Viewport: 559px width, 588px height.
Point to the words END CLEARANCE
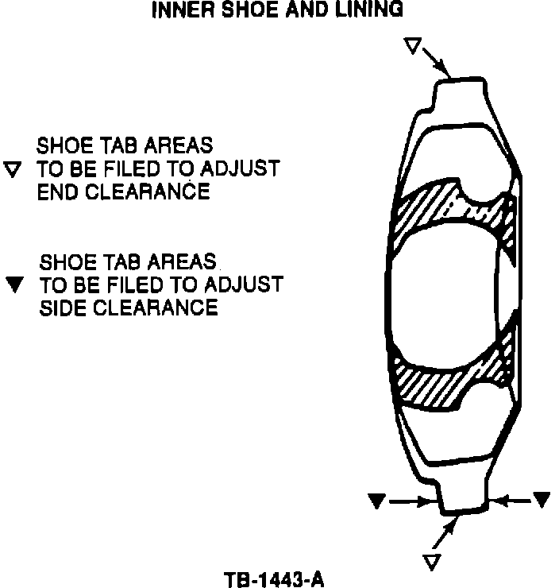point(123,191)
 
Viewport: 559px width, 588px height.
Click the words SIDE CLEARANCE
point(129,307)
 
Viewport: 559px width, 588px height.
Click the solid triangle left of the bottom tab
point(378,500)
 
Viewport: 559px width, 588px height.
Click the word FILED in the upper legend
point(172,169)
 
